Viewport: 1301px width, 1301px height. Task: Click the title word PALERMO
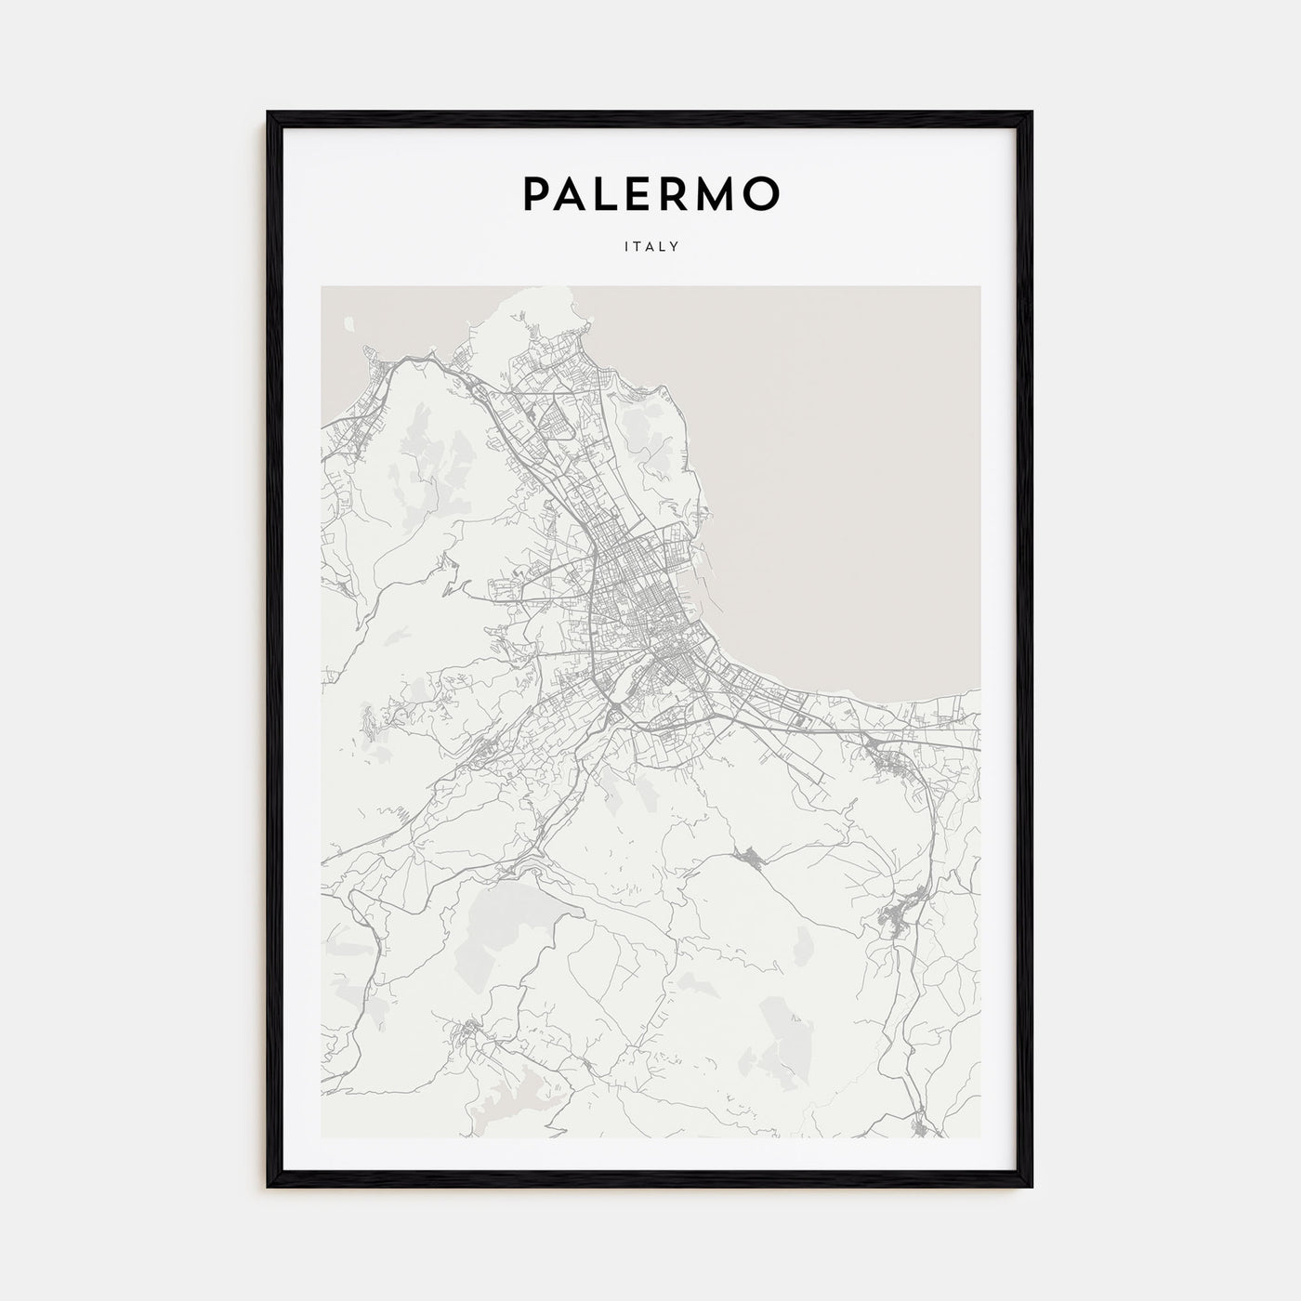650,193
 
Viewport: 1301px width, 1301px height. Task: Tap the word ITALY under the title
650,247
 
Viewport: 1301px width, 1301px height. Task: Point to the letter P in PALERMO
536,193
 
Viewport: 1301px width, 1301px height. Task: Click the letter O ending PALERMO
763,193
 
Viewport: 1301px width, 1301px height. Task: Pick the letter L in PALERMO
612,193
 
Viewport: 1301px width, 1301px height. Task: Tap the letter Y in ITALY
676,247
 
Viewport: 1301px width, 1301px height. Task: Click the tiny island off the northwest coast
349,323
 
